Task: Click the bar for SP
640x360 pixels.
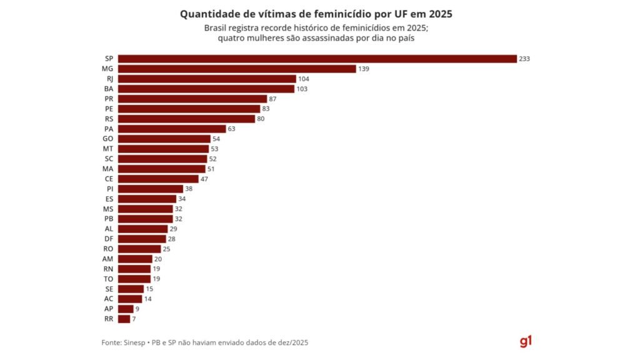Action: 317,59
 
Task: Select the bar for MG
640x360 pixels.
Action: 237,69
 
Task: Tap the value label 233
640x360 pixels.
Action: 525,59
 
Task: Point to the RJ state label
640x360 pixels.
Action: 109,79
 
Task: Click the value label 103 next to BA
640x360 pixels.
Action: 302,89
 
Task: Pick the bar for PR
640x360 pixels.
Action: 192,99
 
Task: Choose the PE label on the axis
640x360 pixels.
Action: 109,109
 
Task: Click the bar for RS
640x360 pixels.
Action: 186,119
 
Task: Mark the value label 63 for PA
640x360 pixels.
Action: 231,129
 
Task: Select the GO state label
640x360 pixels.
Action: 108,139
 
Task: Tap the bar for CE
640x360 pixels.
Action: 158,179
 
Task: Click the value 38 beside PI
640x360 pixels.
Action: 189,189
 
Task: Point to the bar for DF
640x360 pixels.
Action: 142,239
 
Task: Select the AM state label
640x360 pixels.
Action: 107,259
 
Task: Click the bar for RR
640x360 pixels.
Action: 124,319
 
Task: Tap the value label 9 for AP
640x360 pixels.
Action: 137,309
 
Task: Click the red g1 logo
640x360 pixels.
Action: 525,341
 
